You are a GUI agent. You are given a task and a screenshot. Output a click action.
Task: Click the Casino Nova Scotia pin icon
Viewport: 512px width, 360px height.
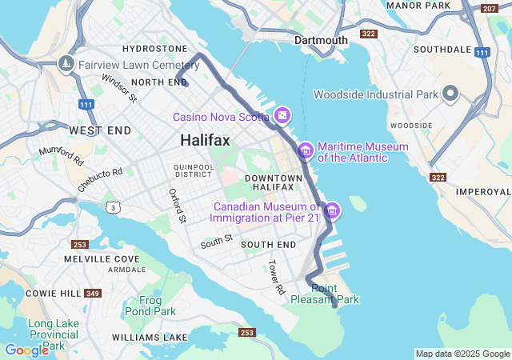(x=282, y=117)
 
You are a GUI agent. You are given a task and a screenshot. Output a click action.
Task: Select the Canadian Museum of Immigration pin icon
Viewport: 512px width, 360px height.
(x=332, y=211)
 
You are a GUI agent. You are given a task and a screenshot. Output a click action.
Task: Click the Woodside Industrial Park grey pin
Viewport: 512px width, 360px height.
(x=450, y=94)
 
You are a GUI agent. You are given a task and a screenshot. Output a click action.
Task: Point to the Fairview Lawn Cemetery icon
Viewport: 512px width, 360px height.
(x=66, y=63)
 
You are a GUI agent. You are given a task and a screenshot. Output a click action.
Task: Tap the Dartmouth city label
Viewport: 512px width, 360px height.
(x=321, y=40)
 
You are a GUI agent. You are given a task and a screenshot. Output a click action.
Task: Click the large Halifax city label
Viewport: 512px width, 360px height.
(x=205, y=140)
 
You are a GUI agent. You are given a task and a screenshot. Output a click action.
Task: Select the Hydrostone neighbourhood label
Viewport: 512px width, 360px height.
(x=154, y=49)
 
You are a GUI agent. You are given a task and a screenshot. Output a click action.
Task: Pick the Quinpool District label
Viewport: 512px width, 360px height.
(x=193, y=170)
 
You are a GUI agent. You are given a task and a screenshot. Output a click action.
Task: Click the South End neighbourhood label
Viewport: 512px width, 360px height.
(x=268, y=244)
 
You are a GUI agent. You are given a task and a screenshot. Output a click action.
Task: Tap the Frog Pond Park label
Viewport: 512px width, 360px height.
(x=151, y=306)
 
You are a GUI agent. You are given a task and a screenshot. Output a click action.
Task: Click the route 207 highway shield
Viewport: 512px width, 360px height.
(x=489, y=9)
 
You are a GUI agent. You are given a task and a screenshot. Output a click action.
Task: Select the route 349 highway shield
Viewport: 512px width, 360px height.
(x=93, y=294)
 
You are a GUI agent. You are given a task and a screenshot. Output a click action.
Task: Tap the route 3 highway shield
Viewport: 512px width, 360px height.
(x=115, y=208)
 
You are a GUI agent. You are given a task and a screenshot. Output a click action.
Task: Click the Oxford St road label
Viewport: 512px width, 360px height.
(x=177, y=206)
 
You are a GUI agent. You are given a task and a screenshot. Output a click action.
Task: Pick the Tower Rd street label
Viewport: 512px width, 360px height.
(x=276, y=277)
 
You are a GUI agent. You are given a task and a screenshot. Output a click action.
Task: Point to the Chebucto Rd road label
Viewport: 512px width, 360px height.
(x=100, y=178)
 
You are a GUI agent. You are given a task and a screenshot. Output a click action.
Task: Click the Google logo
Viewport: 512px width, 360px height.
(x=26, y=350)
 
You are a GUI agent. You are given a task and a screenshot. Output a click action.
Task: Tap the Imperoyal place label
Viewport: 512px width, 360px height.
(x=482, y=192)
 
